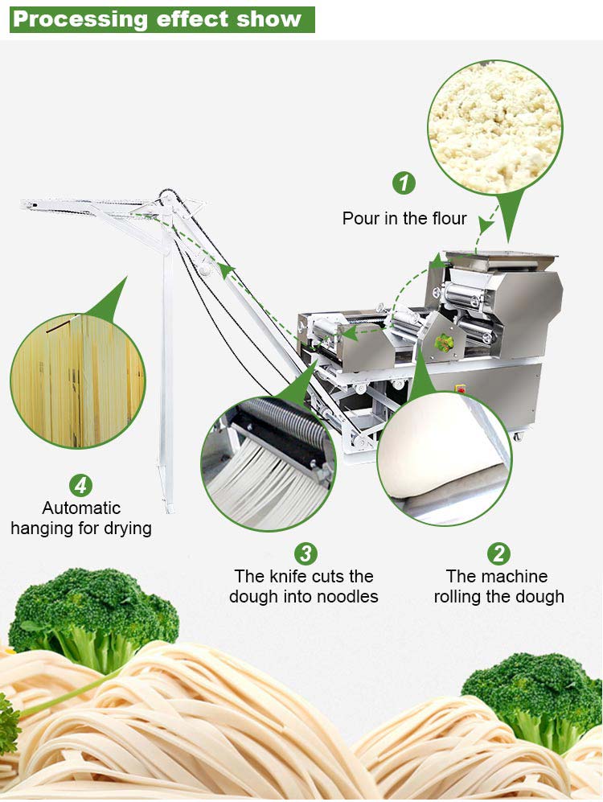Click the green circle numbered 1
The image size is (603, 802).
404,183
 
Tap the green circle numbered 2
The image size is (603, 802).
498,553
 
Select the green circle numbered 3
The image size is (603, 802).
306,553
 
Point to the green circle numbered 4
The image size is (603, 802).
80,485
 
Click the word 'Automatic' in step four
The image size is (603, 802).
81,508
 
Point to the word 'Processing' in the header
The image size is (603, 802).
80,19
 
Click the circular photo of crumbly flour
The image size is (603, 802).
494,127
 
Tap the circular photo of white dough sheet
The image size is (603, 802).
444,459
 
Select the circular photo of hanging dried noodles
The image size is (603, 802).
78,381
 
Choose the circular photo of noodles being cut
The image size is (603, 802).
269,463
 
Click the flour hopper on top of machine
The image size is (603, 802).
500,260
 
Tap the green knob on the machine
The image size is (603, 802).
442,343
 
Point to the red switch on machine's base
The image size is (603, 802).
461,389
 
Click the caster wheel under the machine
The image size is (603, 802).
519,436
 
